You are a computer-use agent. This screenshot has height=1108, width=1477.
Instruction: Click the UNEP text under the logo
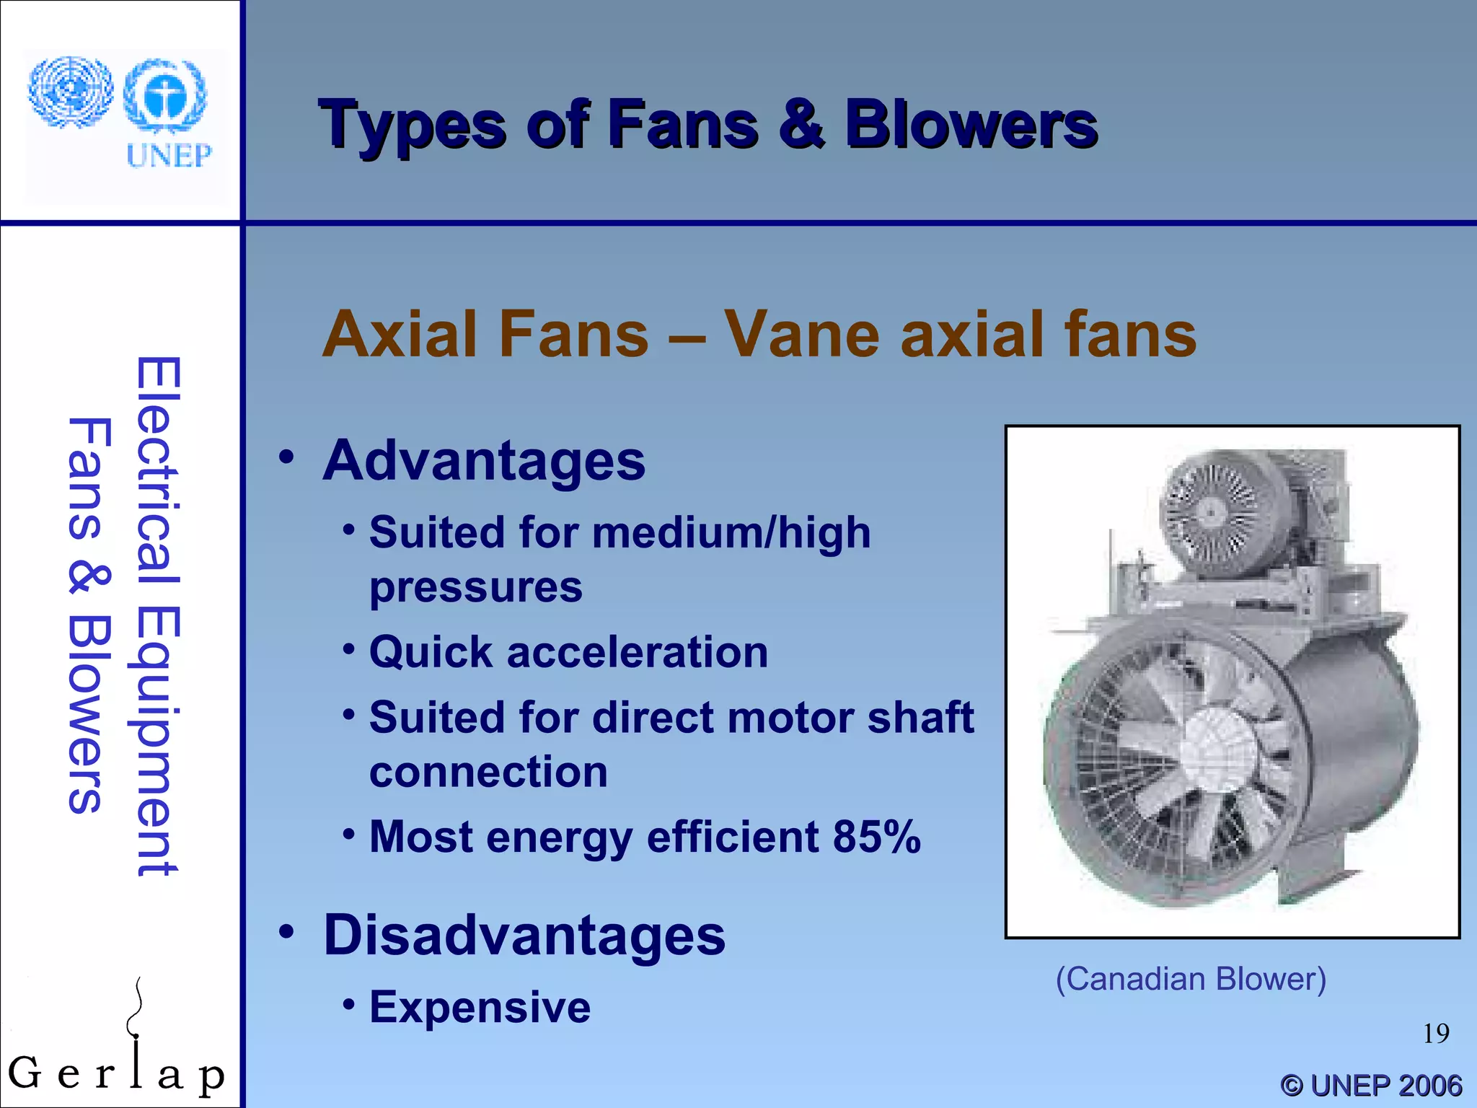(169, 155)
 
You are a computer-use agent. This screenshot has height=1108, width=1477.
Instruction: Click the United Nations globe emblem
(70, 92)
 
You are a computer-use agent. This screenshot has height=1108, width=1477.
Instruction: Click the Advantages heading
(483, 461)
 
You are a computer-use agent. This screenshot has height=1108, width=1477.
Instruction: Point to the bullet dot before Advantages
(287, 457)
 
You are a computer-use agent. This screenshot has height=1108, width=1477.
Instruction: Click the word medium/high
(731, 533)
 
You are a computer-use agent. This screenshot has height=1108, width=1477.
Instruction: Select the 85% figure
(876, 837)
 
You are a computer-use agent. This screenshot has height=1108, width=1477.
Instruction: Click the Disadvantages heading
(524, 935)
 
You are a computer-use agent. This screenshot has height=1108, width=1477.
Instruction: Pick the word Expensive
(480, 1007)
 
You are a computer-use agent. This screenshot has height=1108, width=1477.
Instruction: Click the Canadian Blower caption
(1191, 980)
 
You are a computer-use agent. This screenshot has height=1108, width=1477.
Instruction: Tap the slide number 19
(1435, 1034)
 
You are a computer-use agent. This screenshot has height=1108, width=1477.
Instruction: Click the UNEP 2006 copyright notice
(1370, 1085)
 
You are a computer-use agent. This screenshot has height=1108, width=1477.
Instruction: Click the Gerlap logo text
(115, 1073)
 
